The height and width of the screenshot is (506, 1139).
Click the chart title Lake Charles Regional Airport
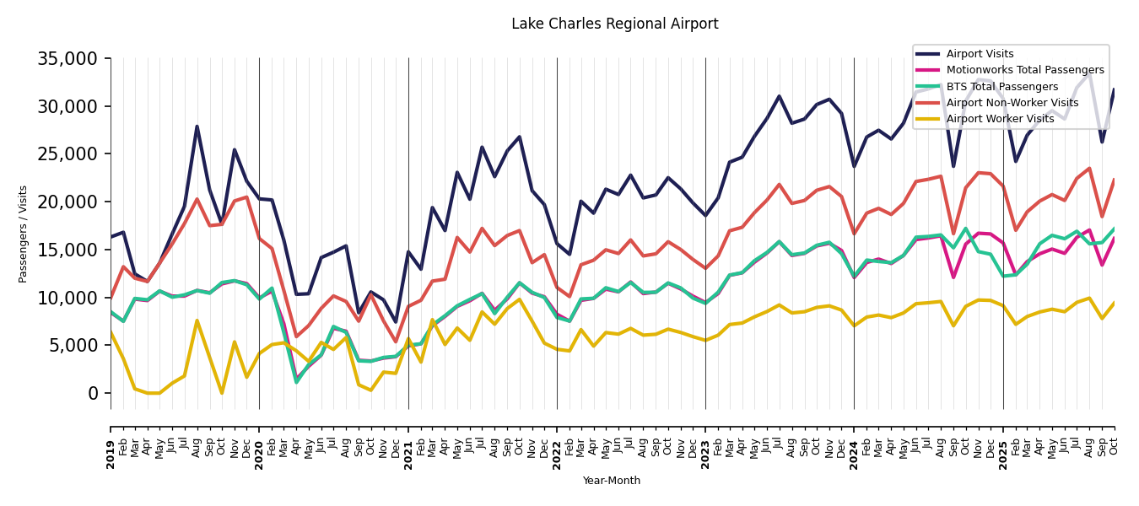pos(614,24)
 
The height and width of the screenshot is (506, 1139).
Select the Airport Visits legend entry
pos(980,54)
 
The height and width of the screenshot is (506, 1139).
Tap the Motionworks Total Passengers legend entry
pos(1024,70)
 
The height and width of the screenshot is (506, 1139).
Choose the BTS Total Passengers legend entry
pos(1001,87)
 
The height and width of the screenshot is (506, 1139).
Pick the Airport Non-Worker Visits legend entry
pos(1012,103)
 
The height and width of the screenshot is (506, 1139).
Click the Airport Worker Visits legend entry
pos(1000,119)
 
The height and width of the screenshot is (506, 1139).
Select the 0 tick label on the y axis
pos(94,394)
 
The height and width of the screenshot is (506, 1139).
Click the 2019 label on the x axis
pos(111,448)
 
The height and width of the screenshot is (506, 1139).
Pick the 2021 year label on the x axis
pos(408,448)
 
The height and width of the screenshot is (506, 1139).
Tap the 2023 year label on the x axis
pos(705,448)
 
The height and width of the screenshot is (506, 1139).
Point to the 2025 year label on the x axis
pos(1003,448)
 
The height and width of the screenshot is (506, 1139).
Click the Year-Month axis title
pos(612,481)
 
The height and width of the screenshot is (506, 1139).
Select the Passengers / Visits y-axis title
pos(24,234)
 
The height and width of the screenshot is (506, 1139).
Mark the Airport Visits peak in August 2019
pos(197,127)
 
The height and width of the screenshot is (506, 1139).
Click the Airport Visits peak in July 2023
pos(779,96)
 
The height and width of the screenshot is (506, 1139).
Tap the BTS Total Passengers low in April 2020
pos(296,382)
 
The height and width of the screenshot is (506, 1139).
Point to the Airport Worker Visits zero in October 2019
pos(222,393)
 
